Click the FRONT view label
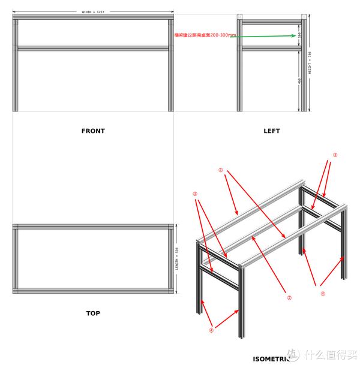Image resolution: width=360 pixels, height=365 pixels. pos(93,131)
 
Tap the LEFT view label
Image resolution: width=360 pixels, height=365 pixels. pos(272,131)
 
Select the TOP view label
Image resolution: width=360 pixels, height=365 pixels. pos(93,313)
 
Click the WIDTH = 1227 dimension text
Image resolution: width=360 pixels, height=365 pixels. pos(94,12)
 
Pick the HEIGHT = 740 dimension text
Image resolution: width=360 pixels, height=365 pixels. pos(310,62)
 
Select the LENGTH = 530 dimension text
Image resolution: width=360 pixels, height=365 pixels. pos(177,258)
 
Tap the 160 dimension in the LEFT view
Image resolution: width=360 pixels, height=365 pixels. pos(299,35)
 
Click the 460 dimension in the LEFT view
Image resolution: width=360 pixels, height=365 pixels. pos(299,81)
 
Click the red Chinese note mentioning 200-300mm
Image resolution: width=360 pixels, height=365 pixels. pos(205,35)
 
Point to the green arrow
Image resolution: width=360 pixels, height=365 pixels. pos(264,36)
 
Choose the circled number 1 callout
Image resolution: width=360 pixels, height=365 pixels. pos(221,170)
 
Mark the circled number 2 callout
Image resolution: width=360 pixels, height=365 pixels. pos(289,297)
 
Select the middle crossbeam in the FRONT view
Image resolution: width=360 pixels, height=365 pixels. pos(93,48)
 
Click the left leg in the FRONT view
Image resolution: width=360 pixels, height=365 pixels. pos(16,66)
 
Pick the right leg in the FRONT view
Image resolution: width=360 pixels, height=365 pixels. pos(170,66)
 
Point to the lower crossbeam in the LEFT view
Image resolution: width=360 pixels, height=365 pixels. pos(271,48)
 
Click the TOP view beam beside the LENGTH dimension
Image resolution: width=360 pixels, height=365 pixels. pos(171,258)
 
